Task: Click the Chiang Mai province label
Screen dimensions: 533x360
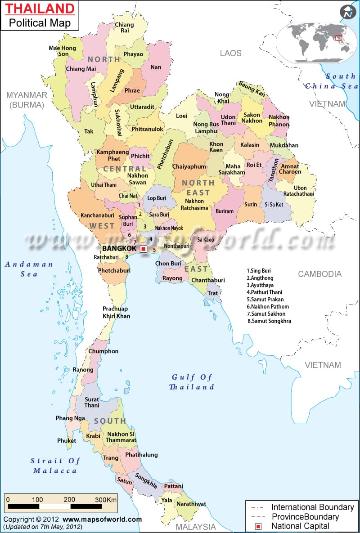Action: tap(81, 69)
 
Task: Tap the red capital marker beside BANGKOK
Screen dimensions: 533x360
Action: tap(143, 249)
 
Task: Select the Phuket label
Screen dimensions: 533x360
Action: tap(67, 441)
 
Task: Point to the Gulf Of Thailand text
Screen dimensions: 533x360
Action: tap(192, 382)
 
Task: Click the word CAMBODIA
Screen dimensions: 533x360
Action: tap(319, 273)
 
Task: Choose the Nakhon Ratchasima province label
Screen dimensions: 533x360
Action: tap(194, 205)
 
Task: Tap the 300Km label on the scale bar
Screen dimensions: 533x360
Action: tap(107, 500)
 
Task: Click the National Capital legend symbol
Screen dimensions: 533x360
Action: tap(258, 525)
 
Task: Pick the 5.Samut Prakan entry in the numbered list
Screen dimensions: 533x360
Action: tap(265, 300)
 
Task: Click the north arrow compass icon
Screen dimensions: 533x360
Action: tap(347, 12)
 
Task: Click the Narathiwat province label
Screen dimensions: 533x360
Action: tap(191, 504)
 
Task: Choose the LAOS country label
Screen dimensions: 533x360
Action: tap(230, 53)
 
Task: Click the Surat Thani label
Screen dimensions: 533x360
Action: tap(92, 402)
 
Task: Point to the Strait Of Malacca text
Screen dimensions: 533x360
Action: tap(55, 466)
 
